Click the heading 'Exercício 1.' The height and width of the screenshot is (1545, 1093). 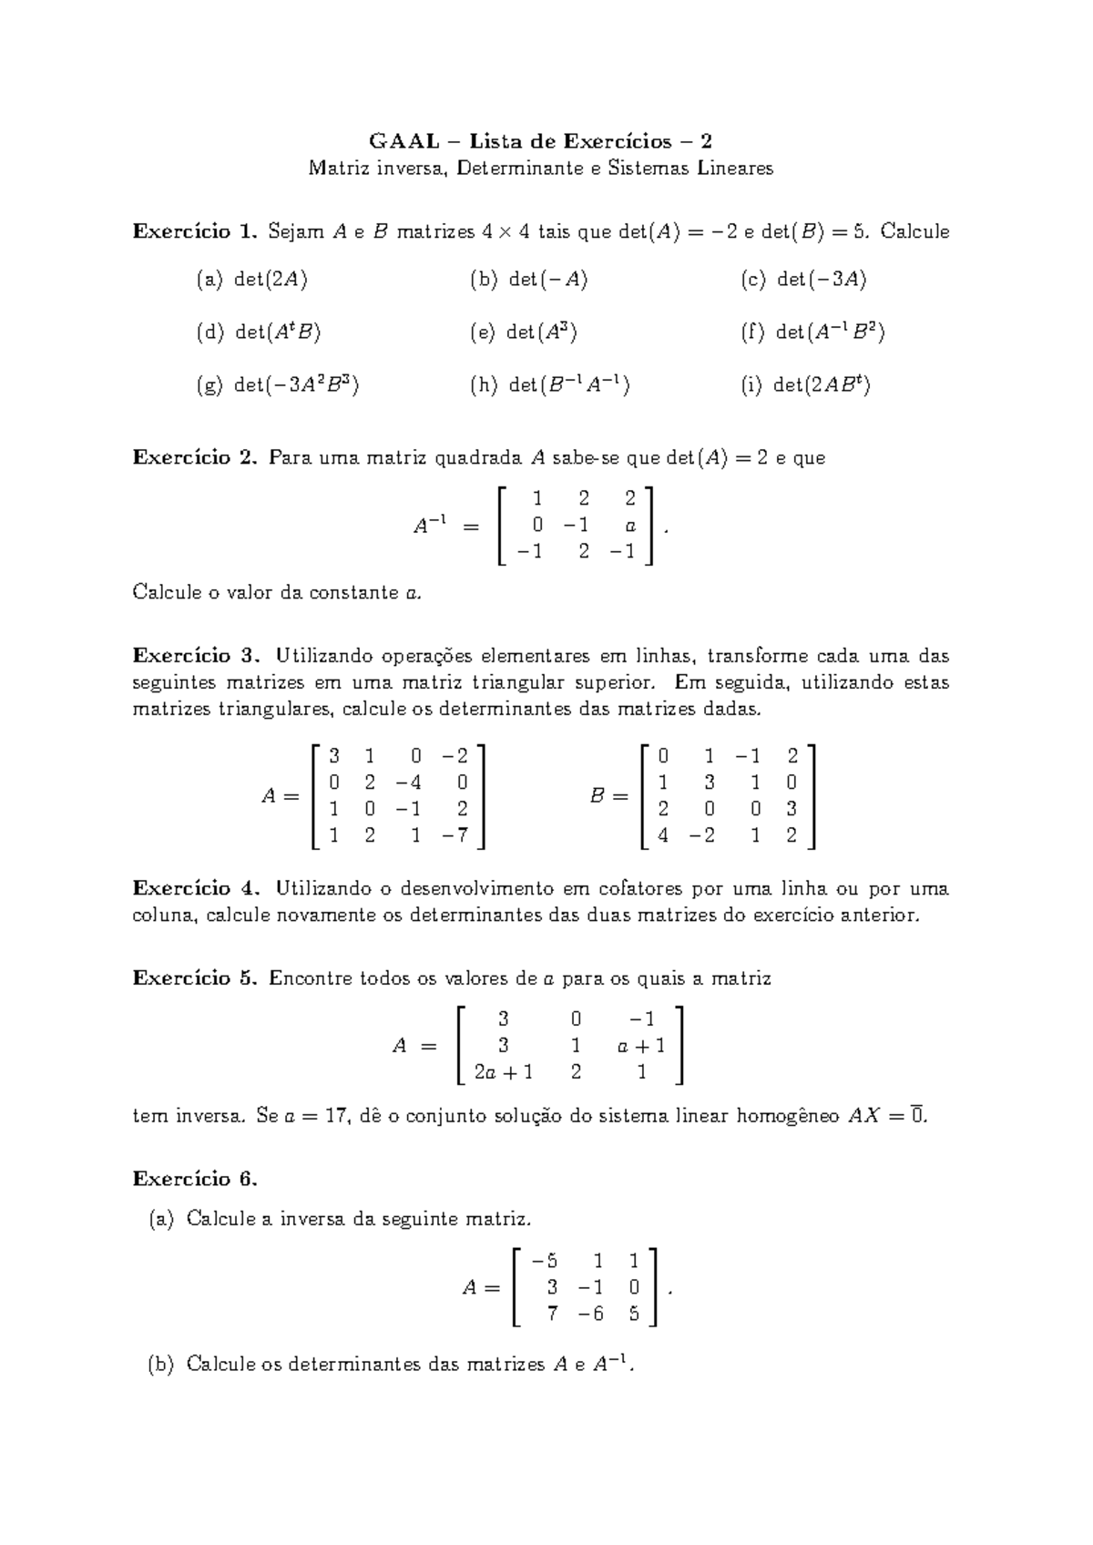coord(195,231)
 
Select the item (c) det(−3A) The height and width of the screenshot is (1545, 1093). coord(803,280)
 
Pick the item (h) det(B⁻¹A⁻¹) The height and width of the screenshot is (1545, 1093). coord(550,385)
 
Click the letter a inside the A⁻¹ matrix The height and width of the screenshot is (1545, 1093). coord(630,526)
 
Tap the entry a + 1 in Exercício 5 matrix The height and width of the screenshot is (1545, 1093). coord(640,1046)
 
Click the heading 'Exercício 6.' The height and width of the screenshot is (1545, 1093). coord(195,1179)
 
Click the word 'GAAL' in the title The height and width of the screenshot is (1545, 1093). coord(402,141)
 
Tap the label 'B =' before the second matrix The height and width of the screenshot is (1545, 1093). coord(608,796)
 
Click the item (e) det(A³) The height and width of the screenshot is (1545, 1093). coord(524,333)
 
